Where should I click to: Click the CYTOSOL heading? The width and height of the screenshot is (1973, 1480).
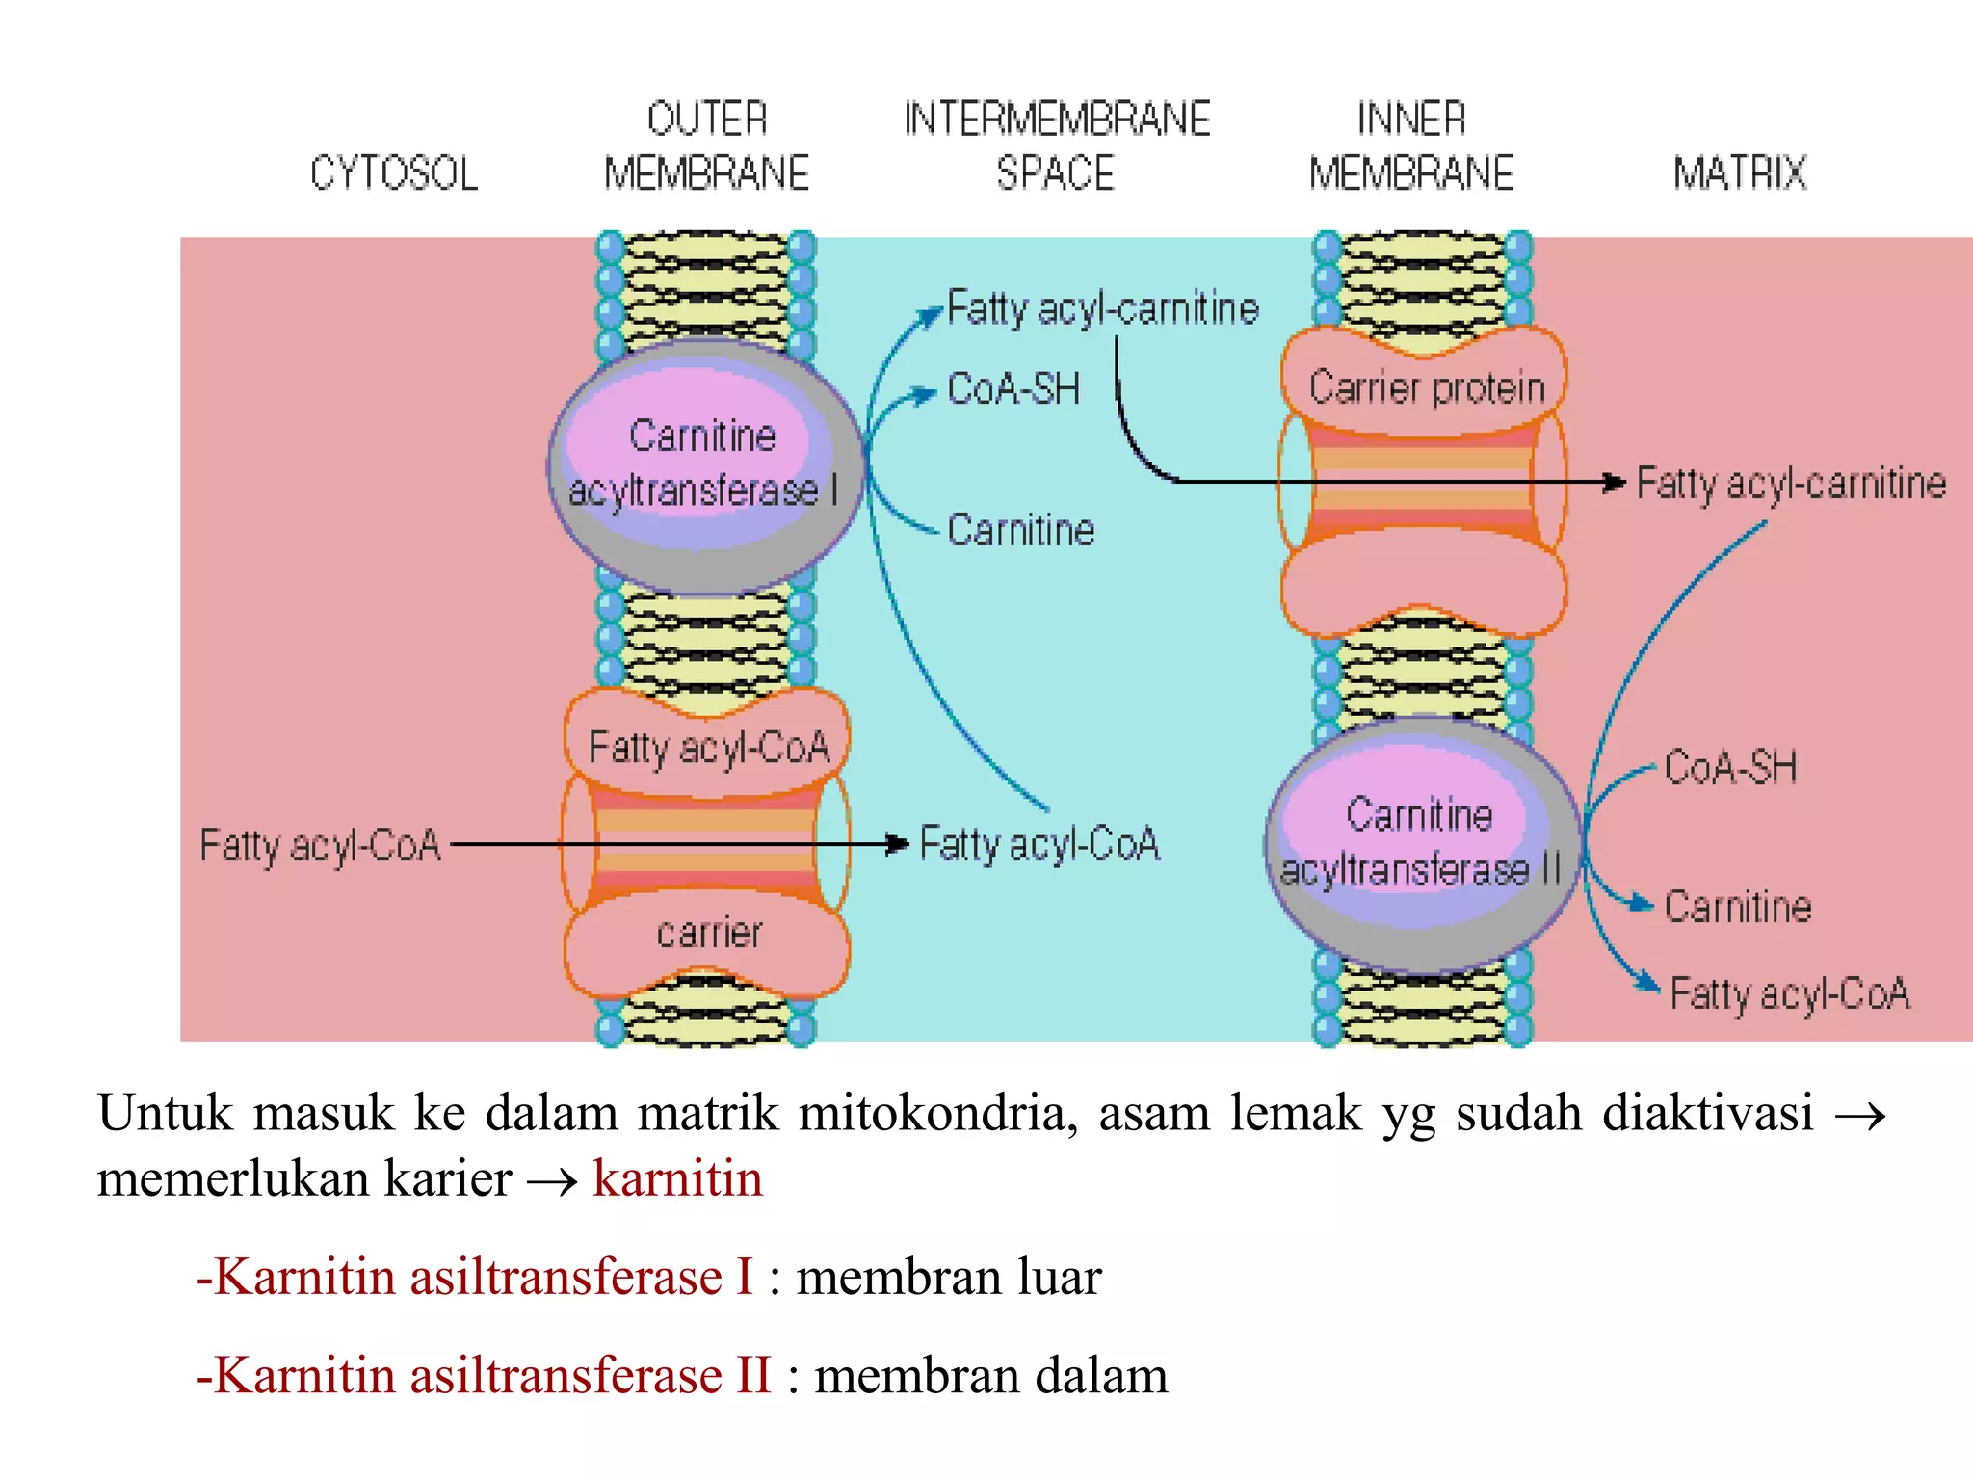point(394,173)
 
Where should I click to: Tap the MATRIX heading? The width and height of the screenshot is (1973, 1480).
point(1739,173)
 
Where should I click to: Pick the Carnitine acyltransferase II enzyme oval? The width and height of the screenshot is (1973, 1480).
point(1421,843)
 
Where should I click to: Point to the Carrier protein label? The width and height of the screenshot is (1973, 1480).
point(1427,387)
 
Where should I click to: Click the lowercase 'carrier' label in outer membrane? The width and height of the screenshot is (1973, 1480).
point(709,933)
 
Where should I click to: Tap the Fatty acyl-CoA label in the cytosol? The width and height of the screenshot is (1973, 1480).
point(320,845)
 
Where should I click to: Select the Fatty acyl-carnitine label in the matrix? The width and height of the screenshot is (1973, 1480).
point(1791,484)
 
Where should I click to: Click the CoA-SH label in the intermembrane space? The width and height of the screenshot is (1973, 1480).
point(1013,389)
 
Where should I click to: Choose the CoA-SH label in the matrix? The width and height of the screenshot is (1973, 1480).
point(1730,768)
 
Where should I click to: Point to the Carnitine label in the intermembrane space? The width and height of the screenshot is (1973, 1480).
point(1021,530)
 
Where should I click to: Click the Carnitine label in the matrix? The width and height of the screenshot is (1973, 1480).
point(1738,907)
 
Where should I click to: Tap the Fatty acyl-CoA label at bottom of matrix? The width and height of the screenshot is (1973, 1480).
point(1790,993)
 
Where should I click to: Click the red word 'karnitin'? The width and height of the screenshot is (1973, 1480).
point(677,1178)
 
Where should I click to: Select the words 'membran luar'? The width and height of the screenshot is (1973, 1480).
point(949,1277)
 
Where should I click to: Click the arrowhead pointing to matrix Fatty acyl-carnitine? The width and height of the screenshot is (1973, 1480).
point(1616,482)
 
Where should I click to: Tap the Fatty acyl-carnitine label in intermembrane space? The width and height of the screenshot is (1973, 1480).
point(1103,308)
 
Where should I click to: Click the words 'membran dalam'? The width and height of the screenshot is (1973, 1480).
point(991,1375)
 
